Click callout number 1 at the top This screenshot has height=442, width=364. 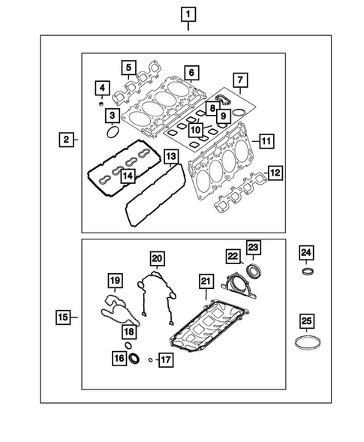[187, 14]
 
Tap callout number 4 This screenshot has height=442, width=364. [100, 90]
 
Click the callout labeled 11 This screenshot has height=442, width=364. [263, 140]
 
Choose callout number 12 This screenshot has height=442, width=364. [275, 174]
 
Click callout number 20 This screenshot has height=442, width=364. [156, 259]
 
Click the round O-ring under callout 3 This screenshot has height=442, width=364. [112, 133]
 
